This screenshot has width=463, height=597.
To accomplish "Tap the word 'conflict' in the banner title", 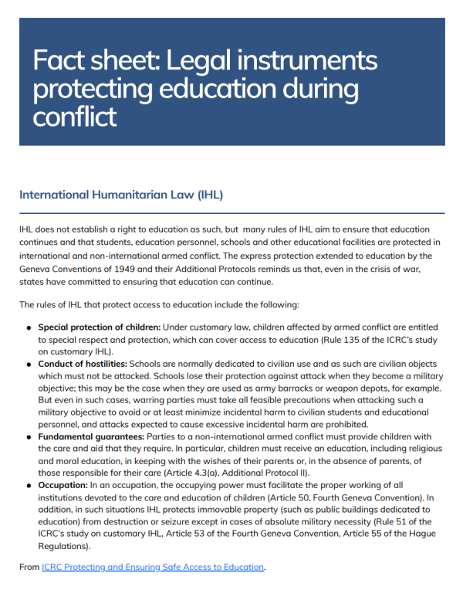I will pyautogui.click(x=75, y=117).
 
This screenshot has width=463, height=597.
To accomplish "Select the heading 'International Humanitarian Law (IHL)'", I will pyautogui.click(x=121, y=195).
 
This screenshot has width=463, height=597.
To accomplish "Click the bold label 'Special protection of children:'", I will pyautogui.click(x=99, y=327).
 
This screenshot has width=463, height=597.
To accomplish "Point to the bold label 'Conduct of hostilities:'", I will pyautogui.click(x=83, y=362).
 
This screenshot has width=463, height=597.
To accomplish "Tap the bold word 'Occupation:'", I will pyautogui.click(x=63, y=485).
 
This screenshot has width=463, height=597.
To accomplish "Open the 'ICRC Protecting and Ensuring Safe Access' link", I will pyautogui.click(x=153, y=567).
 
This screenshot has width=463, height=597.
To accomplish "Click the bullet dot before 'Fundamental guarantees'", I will pyautogui.click(x=29, y=437).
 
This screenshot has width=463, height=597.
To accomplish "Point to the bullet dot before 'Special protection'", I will pyautogui.click(x=29, y=327).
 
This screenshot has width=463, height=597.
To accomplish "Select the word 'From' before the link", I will pyautogui.click(x=29, y=567).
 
